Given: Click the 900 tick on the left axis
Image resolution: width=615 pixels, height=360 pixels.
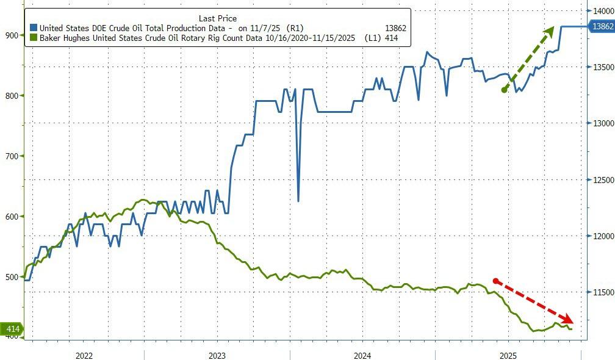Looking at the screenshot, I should (12, 35).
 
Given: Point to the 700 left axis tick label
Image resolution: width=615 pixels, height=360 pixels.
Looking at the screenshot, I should (12, 156).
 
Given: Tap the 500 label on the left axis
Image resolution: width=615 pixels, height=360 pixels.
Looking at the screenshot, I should (12, 277).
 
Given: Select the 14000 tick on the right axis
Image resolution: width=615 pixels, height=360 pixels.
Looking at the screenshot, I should (600, 10).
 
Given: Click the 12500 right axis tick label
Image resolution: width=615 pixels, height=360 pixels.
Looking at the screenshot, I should (600, 180).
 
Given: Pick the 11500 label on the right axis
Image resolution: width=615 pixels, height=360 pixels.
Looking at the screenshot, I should (600, 293).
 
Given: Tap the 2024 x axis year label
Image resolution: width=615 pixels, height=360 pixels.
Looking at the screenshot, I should (362, 356).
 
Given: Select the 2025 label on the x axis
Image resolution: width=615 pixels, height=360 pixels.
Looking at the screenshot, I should (508, 356).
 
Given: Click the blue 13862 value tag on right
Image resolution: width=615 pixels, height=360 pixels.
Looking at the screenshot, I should (600, 26).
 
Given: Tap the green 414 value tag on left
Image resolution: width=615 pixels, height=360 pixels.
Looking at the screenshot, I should (12, 329).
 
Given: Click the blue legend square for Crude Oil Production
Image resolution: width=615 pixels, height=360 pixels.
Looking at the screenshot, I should (34, 28).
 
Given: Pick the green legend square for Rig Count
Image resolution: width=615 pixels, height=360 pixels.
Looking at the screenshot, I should (34, 38).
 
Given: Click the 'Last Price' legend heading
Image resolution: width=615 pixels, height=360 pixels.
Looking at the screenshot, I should (217, 18).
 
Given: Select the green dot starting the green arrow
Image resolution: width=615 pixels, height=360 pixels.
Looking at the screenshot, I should (504, 90).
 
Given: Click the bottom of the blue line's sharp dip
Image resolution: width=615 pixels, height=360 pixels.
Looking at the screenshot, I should (298, 201).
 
